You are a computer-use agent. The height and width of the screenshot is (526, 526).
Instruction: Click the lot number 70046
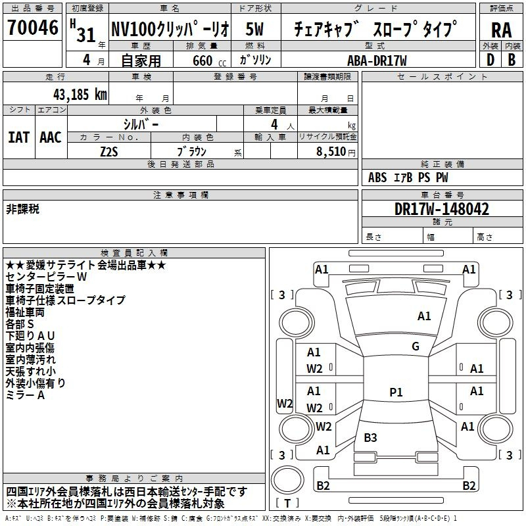pyautogui.click(x=33, y=28)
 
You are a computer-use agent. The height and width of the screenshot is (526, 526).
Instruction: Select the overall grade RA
pyautogui.click(x=502, y=30)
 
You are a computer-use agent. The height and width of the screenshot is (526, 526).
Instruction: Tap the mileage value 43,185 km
pyautogui.click(x=80, y=95)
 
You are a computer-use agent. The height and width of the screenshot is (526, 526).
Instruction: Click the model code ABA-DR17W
pyautogui.click(x=377, y=60)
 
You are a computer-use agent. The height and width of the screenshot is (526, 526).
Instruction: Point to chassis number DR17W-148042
pyautogui.click(x=442, y=209)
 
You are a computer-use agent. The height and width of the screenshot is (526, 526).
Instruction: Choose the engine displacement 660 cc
pyautogui.click(x=209, y=60)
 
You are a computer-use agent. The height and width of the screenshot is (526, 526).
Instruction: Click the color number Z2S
pyautogui.click(x=109, y=152)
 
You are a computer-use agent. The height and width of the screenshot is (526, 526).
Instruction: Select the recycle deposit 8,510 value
pyautogui.click(x=331, y=152)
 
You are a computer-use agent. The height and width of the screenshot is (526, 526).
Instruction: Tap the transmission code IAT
pyautogui.click(x=19, y=137)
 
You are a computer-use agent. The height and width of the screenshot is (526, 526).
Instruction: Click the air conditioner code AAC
pyautogui.click(x=51, y=137)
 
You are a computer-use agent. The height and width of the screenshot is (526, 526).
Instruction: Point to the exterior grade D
pyautogui.click(x=490, y=60)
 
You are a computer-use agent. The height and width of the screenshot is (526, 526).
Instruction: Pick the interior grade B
pyautogui.click(x=512, y=60)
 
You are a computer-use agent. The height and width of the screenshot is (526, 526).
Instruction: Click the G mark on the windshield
pyautogui.click(x=416, y=347)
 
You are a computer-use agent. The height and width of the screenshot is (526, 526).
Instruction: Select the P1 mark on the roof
pyautogui.click(x=396, y=392)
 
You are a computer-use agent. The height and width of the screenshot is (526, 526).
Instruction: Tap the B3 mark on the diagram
pyautogui.click(x=370, y=437)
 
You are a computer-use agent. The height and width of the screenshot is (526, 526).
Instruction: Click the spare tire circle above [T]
pyautogui.click(x=287, y=480)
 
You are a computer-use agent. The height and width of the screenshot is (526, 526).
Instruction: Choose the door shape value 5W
pyautogui.click(x=254, y=29)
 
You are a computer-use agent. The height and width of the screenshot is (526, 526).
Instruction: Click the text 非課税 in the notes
pyautogui.click(x=22, y=209)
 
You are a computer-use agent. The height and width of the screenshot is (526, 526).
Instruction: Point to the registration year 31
pyautogui.click(x=86, y=35)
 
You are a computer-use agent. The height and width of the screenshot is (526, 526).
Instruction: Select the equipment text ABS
pyautogui.click(x=377, y=178)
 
